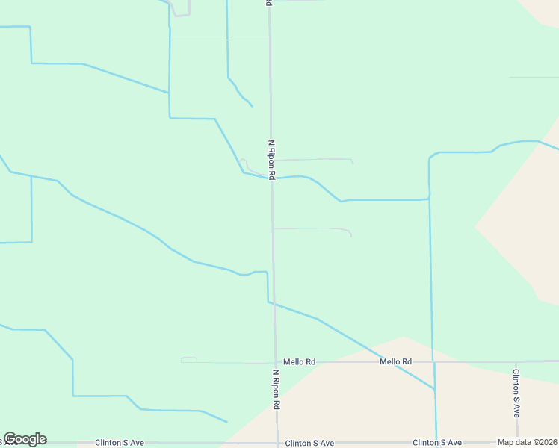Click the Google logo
point(25,439)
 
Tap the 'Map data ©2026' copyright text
point(527,442)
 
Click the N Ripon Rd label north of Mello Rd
point(272,159)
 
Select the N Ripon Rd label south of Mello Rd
point(276,389)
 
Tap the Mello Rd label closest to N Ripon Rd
point(299,361)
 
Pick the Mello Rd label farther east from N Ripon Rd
point(395,361)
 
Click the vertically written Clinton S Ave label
point(516,391)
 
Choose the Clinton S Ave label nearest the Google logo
point(119,443)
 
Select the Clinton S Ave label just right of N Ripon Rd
point(309,443)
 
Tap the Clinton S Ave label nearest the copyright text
point(437,443)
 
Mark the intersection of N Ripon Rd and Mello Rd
point(274,361)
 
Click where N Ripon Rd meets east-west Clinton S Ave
point(277,443)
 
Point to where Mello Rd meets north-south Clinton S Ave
point(516,361)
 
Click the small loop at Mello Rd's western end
point(188,360)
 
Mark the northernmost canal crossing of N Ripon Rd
point(271,178)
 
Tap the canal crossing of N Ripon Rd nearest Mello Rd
point(274,304)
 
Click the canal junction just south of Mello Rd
point(434,389)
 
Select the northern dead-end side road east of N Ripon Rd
point(314,159)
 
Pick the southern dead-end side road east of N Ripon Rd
point(314,228)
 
